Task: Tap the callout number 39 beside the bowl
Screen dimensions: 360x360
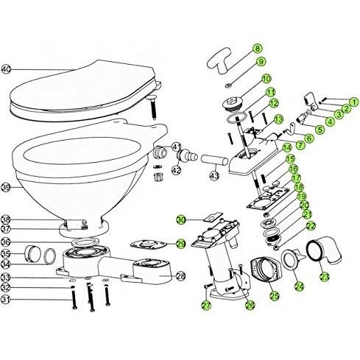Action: point(7,188)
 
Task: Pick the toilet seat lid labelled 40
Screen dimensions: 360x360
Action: point(81,88)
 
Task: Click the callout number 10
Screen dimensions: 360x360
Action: point(266,78)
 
